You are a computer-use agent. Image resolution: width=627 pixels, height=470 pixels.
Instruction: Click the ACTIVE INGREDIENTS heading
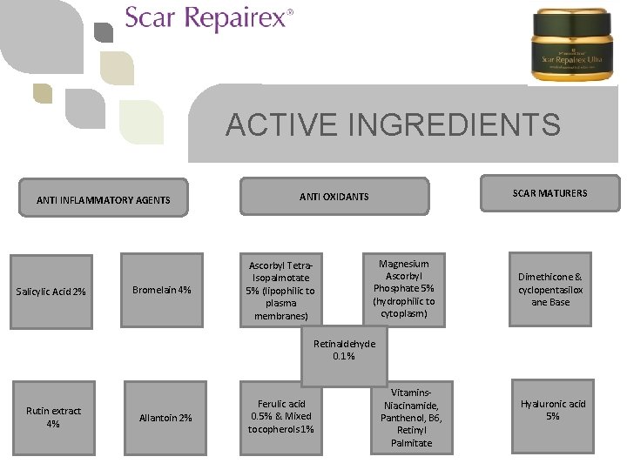tap(393, 125)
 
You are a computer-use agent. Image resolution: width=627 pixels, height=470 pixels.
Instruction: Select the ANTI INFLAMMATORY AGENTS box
tap(104, 200)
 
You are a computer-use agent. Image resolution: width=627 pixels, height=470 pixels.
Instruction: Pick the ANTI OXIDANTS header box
tap(334, 196)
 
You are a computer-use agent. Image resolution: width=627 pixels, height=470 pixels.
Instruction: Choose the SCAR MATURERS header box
tap(550, 193)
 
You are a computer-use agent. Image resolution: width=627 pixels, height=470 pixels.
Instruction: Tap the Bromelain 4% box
tap(161, 290)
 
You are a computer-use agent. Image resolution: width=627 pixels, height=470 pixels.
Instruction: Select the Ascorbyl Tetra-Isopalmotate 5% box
tap(281, 291)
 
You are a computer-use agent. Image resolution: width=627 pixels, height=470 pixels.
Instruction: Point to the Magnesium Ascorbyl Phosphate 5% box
tap(403, 288)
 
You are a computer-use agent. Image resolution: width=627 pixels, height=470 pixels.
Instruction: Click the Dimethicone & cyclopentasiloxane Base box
tap(550, 290)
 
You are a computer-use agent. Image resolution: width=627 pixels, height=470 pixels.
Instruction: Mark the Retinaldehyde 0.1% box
tap(344, 350)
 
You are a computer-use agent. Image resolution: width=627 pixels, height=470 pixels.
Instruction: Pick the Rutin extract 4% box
tap(53, 417)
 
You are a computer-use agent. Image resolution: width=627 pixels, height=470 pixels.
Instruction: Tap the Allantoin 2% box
tap(165, 419)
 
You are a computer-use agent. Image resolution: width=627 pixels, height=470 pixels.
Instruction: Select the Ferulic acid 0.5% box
tap(281, 416)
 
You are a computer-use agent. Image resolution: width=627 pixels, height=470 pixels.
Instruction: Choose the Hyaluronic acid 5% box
tap(553, 410)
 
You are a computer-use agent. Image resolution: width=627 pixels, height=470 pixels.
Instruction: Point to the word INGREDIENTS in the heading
tap(454, 125)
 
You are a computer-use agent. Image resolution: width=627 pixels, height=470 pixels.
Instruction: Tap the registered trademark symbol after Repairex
tap(290, 12)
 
